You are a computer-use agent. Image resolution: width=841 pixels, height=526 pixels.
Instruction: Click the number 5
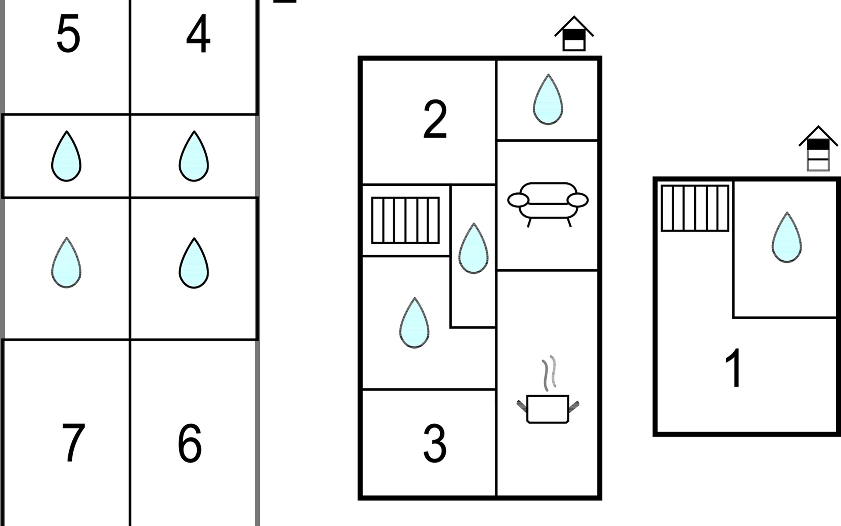(68, 34)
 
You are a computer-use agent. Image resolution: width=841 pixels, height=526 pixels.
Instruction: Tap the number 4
(198, 34)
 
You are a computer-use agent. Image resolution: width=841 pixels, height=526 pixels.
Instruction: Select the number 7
(73, 443)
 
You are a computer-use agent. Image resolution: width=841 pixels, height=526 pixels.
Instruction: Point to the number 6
(190, 443)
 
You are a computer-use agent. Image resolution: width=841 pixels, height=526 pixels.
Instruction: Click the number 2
(435, 119)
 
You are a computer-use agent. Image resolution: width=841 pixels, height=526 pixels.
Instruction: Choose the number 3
(435, 444)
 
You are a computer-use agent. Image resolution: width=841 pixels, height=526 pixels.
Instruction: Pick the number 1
(733, 368)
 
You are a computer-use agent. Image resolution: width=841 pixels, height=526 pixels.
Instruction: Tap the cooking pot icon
(548, 409)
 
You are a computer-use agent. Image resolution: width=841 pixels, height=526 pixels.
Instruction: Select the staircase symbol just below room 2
(405, 220)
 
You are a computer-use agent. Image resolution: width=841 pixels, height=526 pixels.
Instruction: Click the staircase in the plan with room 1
(695, 208)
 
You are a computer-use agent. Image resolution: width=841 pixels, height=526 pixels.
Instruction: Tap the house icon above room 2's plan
(574, 34)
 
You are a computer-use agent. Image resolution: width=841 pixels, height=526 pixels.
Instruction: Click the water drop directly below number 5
(66, 156)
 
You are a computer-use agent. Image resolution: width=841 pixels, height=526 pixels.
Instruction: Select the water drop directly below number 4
(194, 156)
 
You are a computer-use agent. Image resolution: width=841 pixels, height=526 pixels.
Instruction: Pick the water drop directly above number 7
(66, 263)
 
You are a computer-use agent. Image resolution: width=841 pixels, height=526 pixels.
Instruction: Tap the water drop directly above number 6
(194, 263)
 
